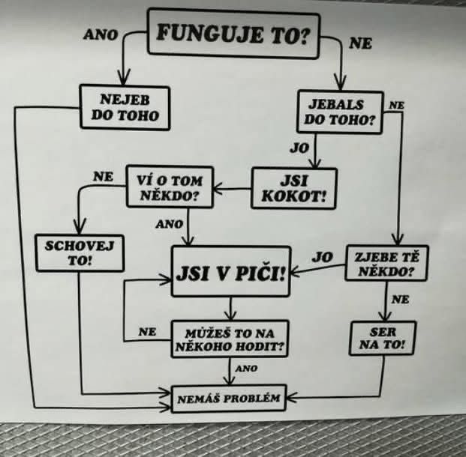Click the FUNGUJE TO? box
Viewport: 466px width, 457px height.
(x=233, y=34)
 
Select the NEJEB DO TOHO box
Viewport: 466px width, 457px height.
(x=125, y=107)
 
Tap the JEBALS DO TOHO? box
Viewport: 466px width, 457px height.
(x=340, y=112)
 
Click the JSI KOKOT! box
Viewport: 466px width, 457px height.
(x=294, y=189)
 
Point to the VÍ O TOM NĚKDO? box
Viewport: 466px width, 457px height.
(x=170, y=187)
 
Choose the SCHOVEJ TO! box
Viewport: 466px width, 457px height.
(x=80, y=253)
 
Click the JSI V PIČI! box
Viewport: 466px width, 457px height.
(x=231, y=271)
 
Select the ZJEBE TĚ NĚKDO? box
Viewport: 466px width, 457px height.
(x=386, y=263)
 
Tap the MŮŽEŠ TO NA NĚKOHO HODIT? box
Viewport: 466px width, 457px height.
(x=230, y=339)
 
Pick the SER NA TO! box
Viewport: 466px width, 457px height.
(x=383, y=338)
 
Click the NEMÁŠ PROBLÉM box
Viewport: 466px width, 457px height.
(x=229, y=399)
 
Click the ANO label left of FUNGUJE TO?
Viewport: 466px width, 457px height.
(x=101, y=34)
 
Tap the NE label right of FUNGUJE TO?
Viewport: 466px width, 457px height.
(x=360, y=43)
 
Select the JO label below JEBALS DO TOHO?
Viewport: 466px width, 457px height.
(x=299, y=148)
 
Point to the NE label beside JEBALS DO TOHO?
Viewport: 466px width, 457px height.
(x=396, y=105)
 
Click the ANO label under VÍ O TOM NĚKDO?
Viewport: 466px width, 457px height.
(x=169, y=224)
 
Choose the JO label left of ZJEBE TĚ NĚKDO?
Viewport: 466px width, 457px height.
(x=322, y=257)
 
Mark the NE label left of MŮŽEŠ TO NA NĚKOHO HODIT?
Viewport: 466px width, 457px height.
(x=147, y=331)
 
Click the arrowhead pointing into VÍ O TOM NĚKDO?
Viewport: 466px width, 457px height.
(x=218, y=188)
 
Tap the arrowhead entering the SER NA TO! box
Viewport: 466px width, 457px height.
(x=385, y=316)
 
